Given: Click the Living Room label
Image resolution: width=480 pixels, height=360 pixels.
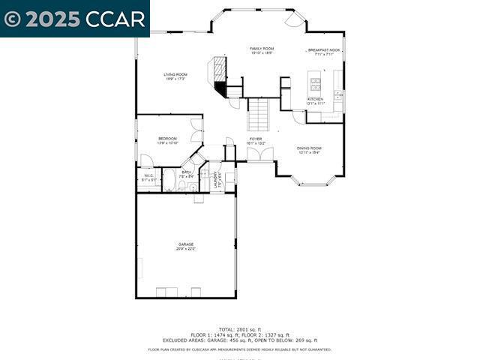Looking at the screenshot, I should (x=175, y=75).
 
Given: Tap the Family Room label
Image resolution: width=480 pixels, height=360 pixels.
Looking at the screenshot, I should (x=261, y=49).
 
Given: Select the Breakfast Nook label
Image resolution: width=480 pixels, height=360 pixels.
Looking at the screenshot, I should (x=323, y=50).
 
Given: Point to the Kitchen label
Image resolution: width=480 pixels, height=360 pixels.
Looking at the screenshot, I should (x=315, y=99).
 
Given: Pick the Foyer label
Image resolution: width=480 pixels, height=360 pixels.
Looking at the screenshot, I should (x=256, y=139).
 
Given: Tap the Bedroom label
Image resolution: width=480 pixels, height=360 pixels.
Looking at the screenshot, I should (x=167, y=139).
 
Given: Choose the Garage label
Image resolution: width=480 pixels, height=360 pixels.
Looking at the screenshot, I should (x=185, y=244).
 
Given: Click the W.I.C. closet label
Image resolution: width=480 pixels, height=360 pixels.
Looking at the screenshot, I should (x=148, y=176).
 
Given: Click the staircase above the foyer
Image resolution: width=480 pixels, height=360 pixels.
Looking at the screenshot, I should (x=259, y=115).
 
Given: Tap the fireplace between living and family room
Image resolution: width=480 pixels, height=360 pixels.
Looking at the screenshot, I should (x=220, y=74).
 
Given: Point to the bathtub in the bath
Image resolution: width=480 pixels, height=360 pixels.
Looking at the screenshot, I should (x=169, y=181).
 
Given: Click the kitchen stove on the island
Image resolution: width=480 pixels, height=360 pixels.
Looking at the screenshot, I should (x=316, y=84).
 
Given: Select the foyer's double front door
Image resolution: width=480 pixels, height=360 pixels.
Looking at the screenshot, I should (x=261, y=154).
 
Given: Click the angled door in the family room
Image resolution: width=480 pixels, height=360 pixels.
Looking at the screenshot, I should (x=294, y=19).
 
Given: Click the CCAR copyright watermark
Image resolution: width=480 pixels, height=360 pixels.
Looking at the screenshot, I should (x=75, y=19).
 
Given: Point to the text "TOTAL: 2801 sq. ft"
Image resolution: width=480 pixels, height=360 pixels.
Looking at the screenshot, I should (x=240, y=329).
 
